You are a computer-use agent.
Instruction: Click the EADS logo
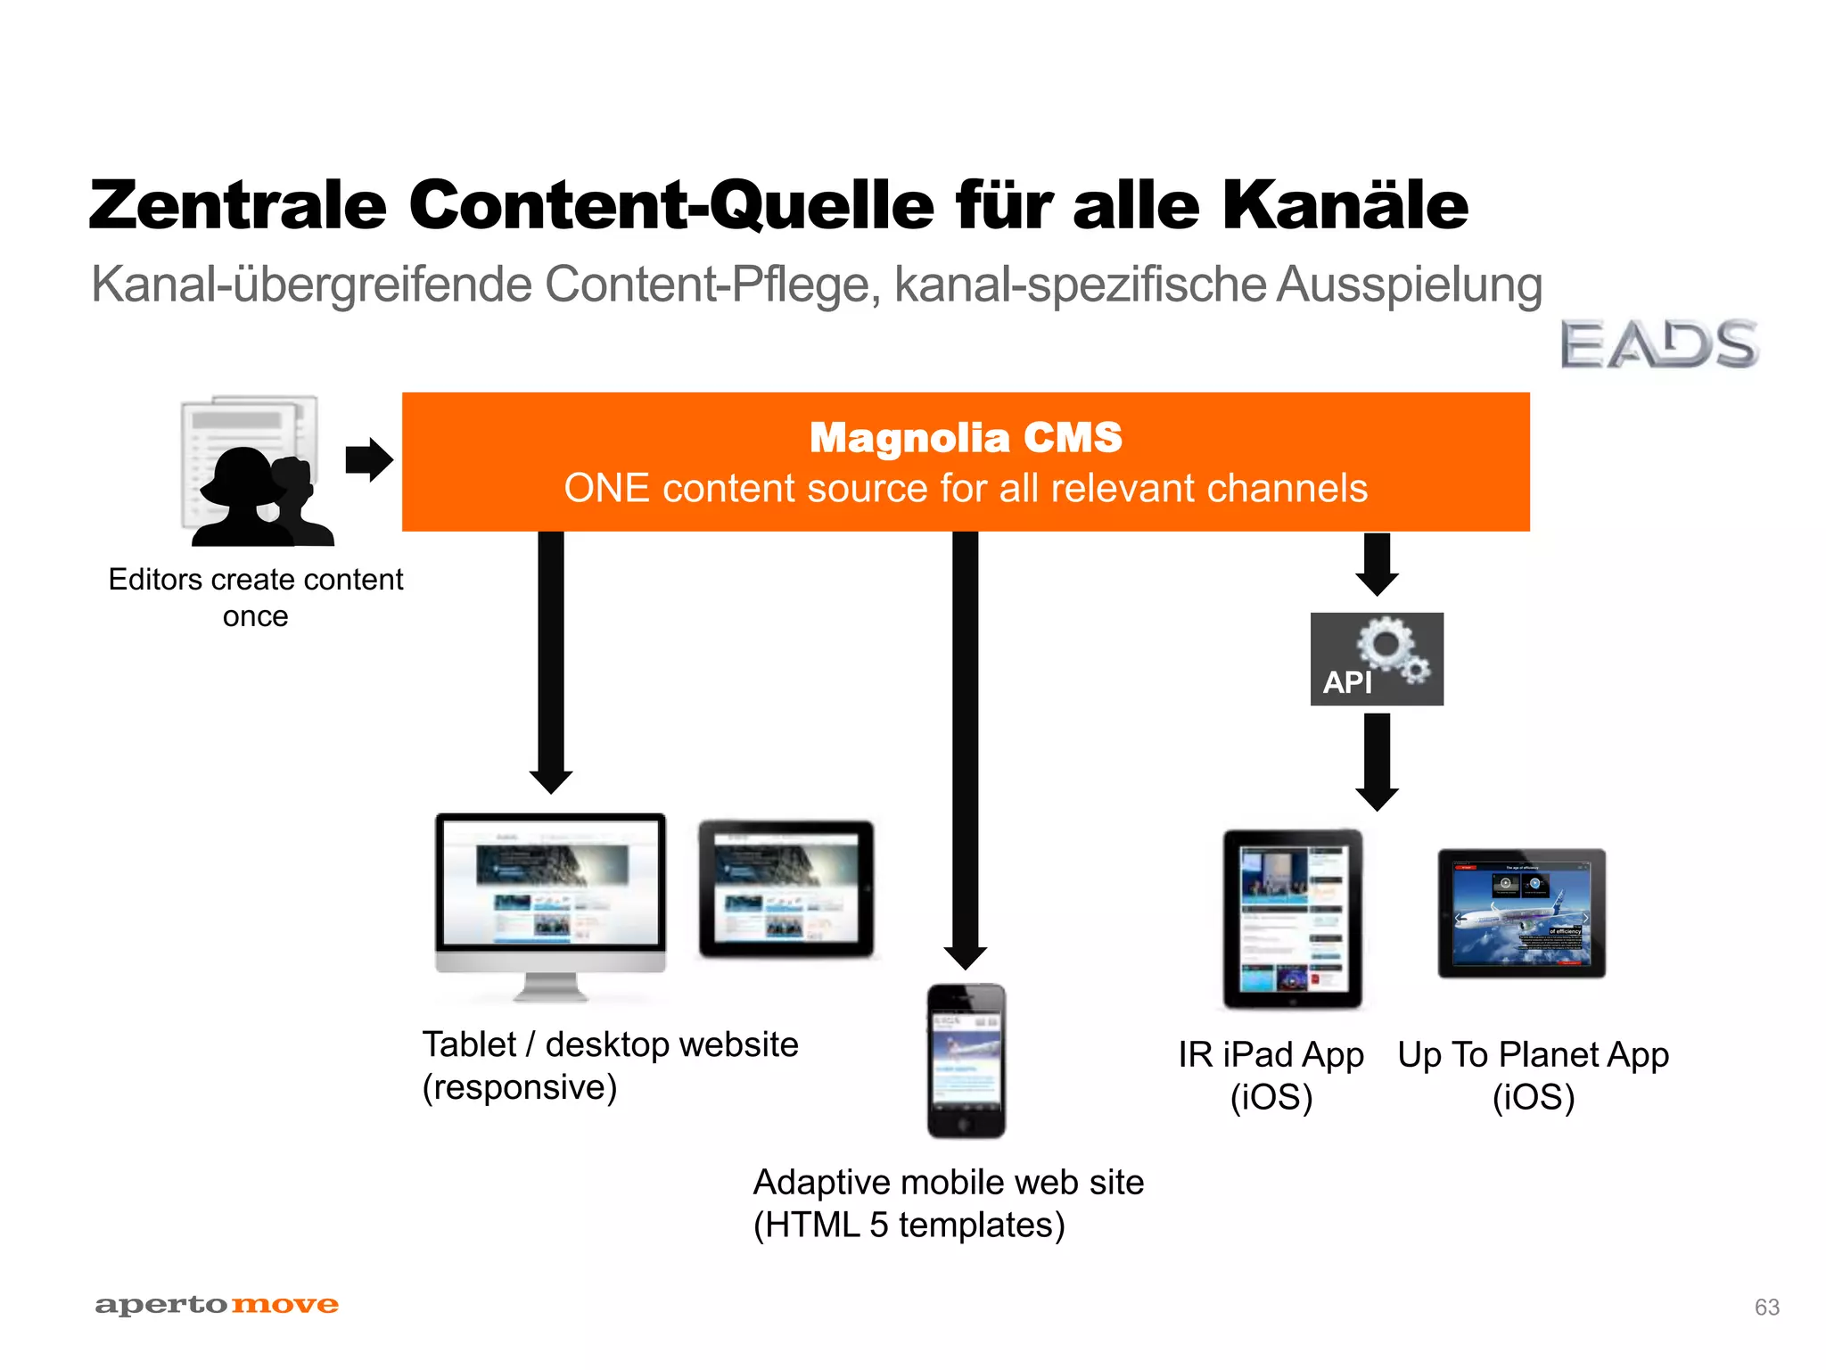pos(1658,344)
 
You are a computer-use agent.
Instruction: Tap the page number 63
pos(1766,1307)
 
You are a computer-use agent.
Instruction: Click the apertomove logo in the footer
pos(217,1305)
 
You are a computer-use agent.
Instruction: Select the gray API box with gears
pos(1377,659)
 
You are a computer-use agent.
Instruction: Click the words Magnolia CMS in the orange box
pos(966,438)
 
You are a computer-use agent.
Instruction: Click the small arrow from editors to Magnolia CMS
pos(368,460)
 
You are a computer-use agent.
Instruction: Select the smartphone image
pos(966,1061)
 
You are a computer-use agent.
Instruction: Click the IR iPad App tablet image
pos(1292,919)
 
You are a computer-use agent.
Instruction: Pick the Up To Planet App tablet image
pos(1521,913)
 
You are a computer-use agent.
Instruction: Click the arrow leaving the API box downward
pos(1377,763)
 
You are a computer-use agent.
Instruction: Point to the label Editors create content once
pos(256,597)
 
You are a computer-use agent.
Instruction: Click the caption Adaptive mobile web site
pos(949,1183)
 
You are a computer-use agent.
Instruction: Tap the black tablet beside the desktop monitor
pos(786,889)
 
